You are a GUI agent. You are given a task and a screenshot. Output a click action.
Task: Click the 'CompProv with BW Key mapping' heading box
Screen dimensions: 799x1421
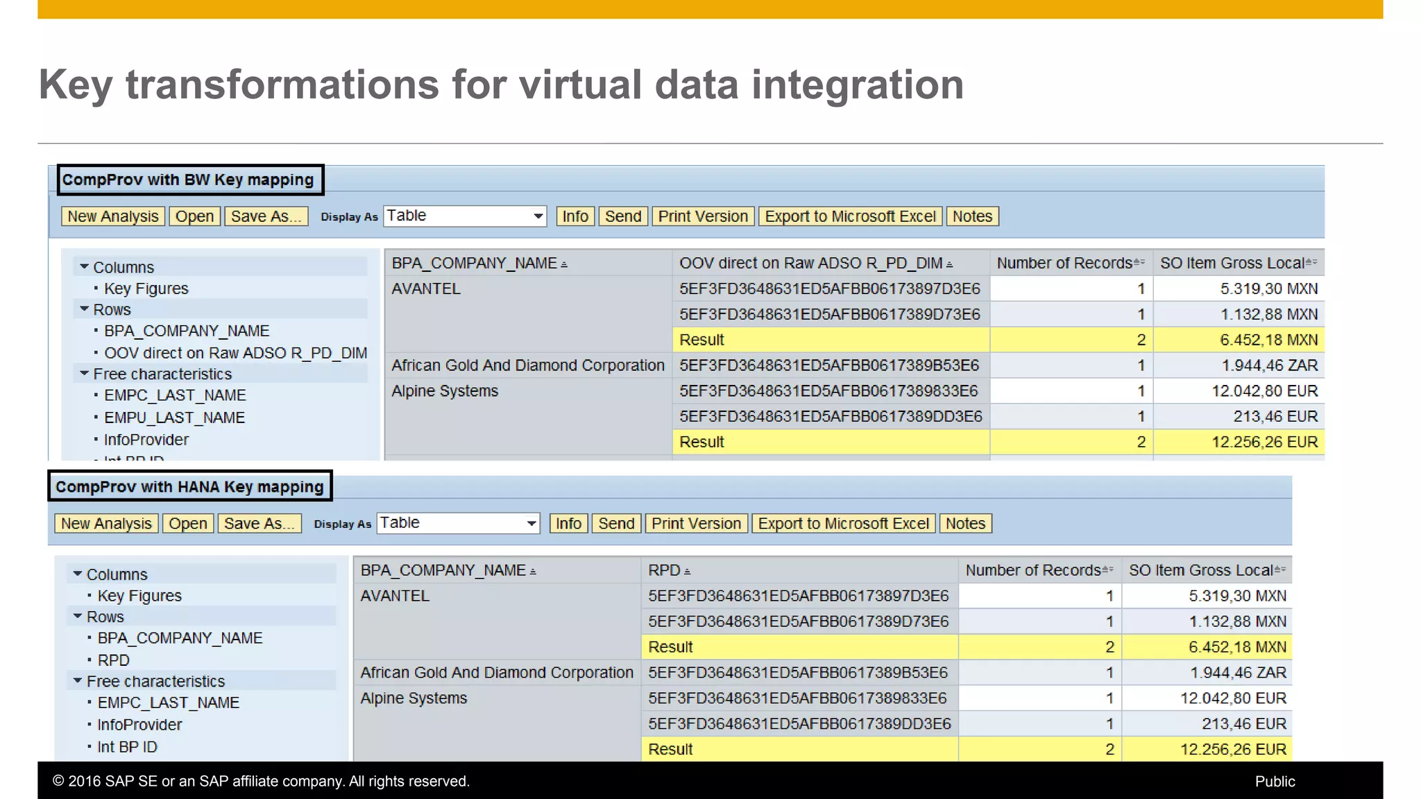tap(189, 180)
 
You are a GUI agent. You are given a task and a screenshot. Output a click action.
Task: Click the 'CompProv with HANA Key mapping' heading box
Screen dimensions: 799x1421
tap(189, 487)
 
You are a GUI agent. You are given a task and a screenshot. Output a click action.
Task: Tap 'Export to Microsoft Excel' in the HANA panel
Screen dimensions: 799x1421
tap(843, 524)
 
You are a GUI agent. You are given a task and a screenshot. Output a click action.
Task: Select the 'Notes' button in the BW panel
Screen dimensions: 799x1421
tap(972, 216)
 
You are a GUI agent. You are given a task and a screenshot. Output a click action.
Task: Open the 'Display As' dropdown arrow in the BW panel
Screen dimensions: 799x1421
tap(538, 216)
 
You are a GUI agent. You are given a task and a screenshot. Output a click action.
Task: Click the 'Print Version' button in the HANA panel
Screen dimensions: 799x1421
tap(696, 524)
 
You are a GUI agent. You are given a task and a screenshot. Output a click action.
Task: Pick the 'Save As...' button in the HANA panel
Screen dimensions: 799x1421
tap(259, 524)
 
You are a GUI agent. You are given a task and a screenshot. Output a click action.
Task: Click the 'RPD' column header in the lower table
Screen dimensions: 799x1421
tap(664, 570)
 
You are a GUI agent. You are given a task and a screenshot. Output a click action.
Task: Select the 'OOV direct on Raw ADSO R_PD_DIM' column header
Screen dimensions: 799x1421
tap(810, 264)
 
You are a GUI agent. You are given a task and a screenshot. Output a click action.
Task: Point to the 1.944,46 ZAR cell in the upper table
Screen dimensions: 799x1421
tap(1269, 366)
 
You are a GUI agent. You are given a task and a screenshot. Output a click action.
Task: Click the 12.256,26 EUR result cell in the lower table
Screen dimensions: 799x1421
tap(1233, 749)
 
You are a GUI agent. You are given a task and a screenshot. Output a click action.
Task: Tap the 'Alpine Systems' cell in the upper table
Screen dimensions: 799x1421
tap(445, 391)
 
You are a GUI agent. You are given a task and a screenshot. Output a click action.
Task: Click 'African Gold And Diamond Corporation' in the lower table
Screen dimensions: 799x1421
tap(497, 673)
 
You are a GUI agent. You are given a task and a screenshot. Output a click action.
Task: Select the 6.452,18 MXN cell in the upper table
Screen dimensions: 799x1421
tap(1268, 340)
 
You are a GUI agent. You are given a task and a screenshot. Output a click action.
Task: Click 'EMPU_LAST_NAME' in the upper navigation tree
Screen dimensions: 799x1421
tap(174, 418)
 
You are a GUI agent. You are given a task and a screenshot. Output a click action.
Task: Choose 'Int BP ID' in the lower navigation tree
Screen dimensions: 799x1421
tap(127, 747)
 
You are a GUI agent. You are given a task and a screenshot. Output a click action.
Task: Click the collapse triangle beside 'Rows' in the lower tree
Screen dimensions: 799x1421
tap(78, 617)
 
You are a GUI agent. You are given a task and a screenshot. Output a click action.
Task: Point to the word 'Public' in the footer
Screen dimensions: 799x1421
tap(1275, 782)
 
